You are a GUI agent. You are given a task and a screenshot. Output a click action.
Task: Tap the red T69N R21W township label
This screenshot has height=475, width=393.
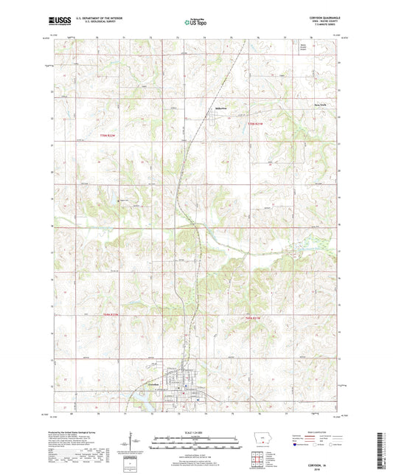[x=254, y=317]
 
